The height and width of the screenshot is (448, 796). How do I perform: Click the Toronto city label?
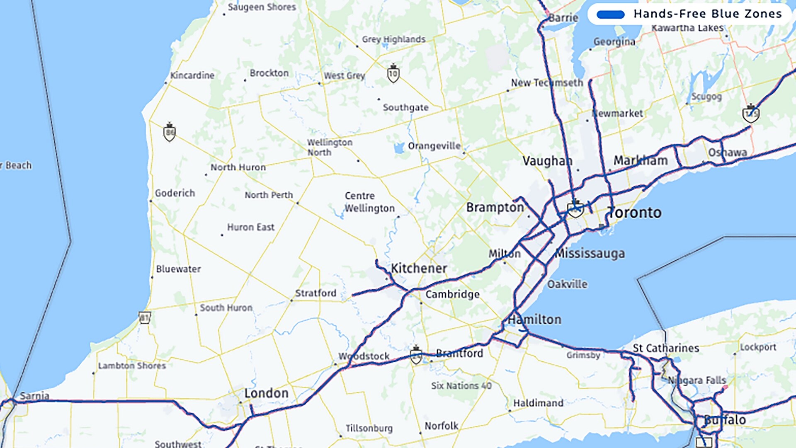click(634, 213)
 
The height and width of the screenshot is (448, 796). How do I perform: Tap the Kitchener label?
click(419, 268)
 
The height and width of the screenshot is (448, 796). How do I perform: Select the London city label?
click(266, 393)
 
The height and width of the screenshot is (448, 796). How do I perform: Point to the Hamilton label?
click(535, 320)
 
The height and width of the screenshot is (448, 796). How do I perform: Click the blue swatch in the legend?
click(610, 15)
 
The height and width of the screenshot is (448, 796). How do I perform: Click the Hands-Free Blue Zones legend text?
click(707, 14)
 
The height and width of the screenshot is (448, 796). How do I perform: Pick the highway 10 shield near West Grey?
click(393, 74)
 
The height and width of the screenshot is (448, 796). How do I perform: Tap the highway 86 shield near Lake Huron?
click(169, 133)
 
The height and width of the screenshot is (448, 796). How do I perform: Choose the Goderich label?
click(175, 193)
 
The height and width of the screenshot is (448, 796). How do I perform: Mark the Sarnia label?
click(34, 396)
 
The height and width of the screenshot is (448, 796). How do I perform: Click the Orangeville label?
click(434, 146)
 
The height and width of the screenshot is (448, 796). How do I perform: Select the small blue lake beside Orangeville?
click(399, 148)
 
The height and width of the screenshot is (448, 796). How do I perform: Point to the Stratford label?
click(315, 293)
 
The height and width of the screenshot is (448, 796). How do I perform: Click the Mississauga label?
click(590, 253)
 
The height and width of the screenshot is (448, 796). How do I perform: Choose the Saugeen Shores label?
click(262, 7)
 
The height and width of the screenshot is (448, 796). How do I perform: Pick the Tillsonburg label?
click(369, 428)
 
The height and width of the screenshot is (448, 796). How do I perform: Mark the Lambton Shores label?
click(132, 366)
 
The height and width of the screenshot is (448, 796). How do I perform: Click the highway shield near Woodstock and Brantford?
click(416, 356)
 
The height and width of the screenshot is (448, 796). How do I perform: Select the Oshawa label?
click(727, 152)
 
